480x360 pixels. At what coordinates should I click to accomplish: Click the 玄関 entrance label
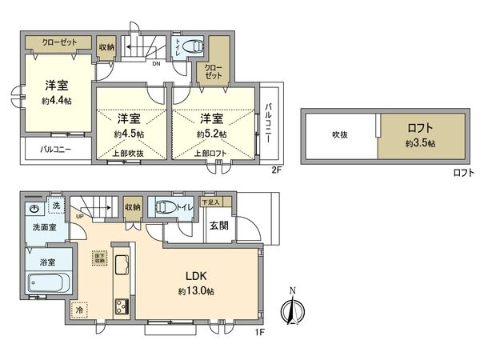218,226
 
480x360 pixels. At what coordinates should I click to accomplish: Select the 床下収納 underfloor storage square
99,258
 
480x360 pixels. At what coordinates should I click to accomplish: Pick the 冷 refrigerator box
80,308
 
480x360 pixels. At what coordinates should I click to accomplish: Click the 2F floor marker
276,170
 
